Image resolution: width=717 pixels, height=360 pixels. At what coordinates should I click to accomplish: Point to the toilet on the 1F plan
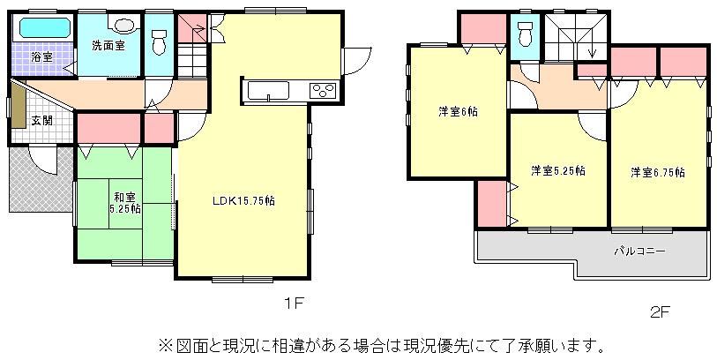click(x=160, y=40)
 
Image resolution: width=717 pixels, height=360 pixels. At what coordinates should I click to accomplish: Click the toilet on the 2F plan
click(x=527, y=34)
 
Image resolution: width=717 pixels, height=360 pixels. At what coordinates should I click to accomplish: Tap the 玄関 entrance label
click(x=41, y=121)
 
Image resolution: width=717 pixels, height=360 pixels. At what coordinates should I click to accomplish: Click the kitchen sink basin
click(x=265, y=91)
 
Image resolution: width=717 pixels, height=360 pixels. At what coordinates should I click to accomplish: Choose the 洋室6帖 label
click(x=459, y=112)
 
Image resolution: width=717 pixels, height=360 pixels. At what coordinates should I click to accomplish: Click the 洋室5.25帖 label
click(x=558, y=170)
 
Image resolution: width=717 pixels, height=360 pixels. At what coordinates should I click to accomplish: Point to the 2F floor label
click(x=660, y=311)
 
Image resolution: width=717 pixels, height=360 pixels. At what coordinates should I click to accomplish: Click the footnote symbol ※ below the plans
click(x=164, y=342)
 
